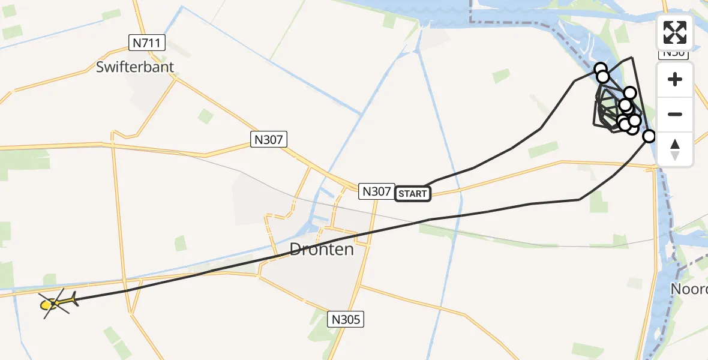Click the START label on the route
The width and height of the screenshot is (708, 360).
pyautogui.click(x=413, y=193)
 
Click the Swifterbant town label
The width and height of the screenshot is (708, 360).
pyautogui.click(x=135, y=67)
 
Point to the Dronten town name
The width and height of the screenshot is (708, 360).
pyautogui.click(x=322, y=249)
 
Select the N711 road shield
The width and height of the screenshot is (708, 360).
pyautogui.click(x=147, y=43)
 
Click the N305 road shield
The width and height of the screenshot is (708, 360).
pyautogui.click(x=347, y=319)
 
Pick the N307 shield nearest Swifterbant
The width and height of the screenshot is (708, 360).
pyautogui.click(x=269, y=140)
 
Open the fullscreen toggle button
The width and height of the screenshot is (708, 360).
pyautogui.click(x=675, y=32)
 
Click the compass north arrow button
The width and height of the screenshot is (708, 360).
pyautogui.click(x=675, y=149)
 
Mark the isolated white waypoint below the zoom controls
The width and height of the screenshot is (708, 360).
pyautogui.click(x=649, y=136)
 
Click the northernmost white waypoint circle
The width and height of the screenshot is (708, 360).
pyautogui.click(x=600, y=68)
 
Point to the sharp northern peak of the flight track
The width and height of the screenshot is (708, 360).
pyautogui.click(x=631, y=58)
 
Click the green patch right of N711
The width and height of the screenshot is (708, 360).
pyautogui.click(x=206, y=116)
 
